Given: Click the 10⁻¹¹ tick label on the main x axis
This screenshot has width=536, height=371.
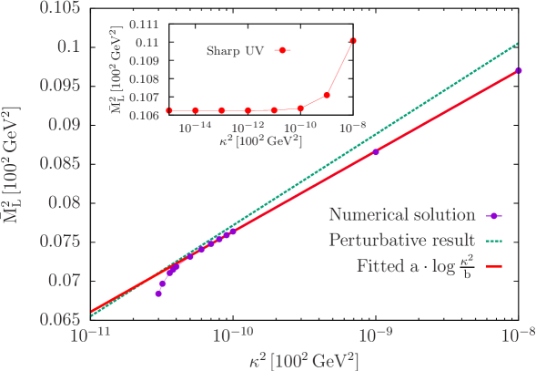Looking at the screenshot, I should click(90, 336).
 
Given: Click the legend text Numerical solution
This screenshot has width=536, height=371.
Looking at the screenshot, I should click(401, 216).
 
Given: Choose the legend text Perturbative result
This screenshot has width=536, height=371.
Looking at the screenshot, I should click(401, 242).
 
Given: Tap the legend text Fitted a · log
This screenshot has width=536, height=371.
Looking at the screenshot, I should click(415, 268).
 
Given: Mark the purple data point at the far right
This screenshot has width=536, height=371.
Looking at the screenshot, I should click(518, 70).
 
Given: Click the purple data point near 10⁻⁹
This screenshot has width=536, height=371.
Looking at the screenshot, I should click(376, 152).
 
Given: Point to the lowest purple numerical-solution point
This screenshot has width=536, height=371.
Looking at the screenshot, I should click(158, 294).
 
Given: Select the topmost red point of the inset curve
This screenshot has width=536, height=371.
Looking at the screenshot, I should click(353, 40).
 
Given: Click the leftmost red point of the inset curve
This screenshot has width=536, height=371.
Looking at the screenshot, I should click(169, 110).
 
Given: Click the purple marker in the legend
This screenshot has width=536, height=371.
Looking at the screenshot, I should click(491, 216).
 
